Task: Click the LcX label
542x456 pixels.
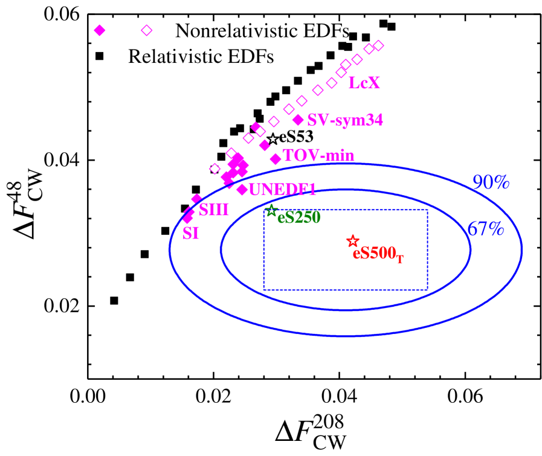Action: tap(364, 83)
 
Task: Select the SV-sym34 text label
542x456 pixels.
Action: tap(345, 120)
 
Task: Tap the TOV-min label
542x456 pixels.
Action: tap(318, 156)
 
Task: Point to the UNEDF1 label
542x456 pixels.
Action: tap(283, 190)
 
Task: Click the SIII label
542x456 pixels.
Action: tap(214, 210)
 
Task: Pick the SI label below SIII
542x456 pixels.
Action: tap(191, 233)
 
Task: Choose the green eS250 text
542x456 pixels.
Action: tap(298, 217)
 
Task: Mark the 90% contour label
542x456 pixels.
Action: tap(491, 182)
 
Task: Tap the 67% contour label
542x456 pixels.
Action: tap(485, 228)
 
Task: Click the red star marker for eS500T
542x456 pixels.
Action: tap(353, 241)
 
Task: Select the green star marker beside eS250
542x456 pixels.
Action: tap(271, 211)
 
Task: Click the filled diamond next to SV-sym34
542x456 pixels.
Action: tap(298, 120)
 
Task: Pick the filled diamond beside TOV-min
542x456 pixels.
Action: tap(276, 159)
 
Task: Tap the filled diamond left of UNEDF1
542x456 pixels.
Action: tap(242, 190)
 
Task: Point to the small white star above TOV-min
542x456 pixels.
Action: tap(273, 139)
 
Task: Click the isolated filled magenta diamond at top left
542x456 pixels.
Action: tap(100, 30)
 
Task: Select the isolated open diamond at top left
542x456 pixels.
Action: tap(147, 30)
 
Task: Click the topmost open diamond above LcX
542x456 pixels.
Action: tap(378, 45)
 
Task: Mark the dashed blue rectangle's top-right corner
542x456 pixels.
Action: tap(428, 210)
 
